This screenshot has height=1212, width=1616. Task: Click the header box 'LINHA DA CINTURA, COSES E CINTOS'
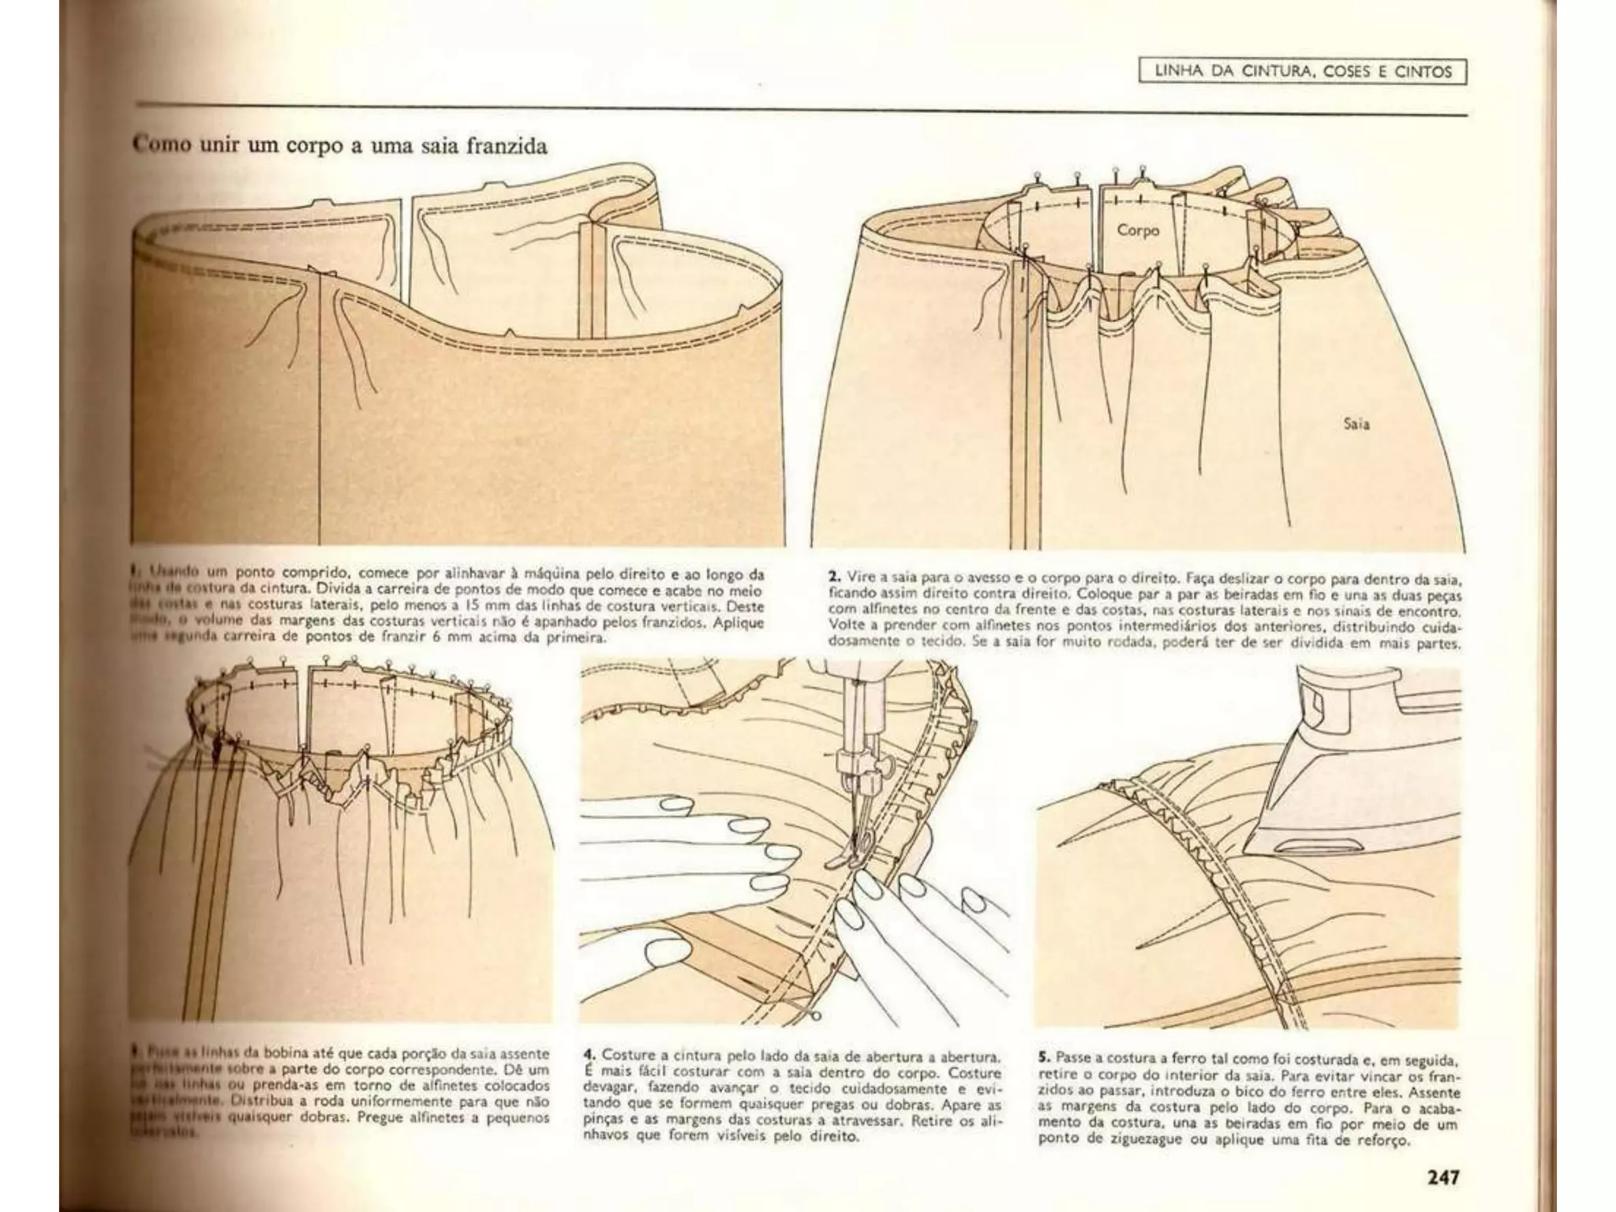1303,72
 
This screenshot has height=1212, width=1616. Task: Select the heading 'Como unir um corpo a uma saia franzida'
340,147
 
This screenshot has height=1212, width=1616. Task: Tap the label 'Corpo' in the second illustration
1138,230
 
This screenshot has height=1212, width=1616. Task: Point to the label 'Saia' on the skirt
1356,424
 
